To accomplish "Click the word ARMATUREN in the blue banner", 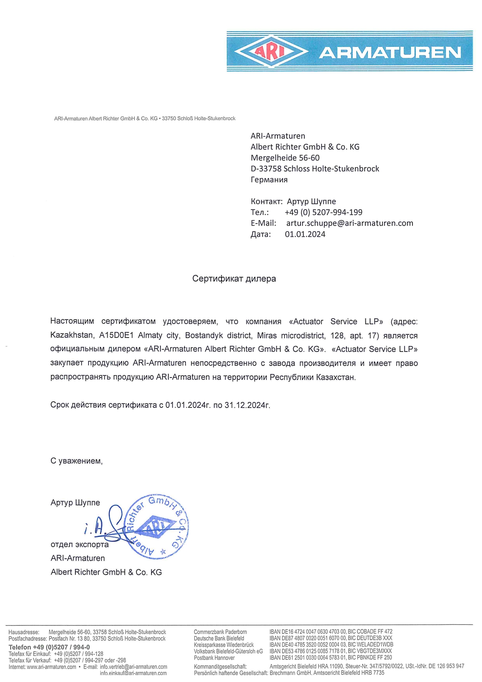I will pyautogui.click(x=390, y=52).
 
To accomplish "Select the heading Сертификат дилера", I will pyautogui.click(x=234, y=279).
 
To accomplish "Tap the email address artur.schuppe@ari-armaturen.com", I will pyautogui.click(x=349, y=223).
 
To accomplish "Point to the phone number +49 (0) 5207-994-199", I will pyautogui.click(x=323, y=212).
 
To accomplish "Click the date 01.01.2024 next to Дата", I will pyautogui.click(x=305, y=234).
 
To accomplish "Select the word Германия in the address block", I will pyautogui.click(x=269, y=180).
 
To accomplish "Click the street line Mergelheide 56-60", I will pyautogui.click(x=285, y=158).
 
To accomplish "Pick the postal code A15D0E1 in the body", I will pyautogui.click(x=116, y=336).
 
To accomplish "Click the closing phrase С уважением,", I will pyautogui.click(x=76, y=461).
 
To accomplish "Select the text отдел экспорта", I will pyautogui.click(x=79, y=545).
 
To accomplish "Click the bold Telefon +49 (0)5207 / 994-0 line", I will pyautogui.click(x=49, y=647).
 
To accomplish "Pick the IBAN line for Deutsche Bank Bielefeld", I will pyautogui.click(x=331, y=638).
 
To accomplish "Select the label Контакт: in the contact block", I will pyautogui.click(x=266, y=201).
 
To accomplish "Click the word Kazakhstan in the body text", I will pyautogui.click(x=72, y=336).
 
